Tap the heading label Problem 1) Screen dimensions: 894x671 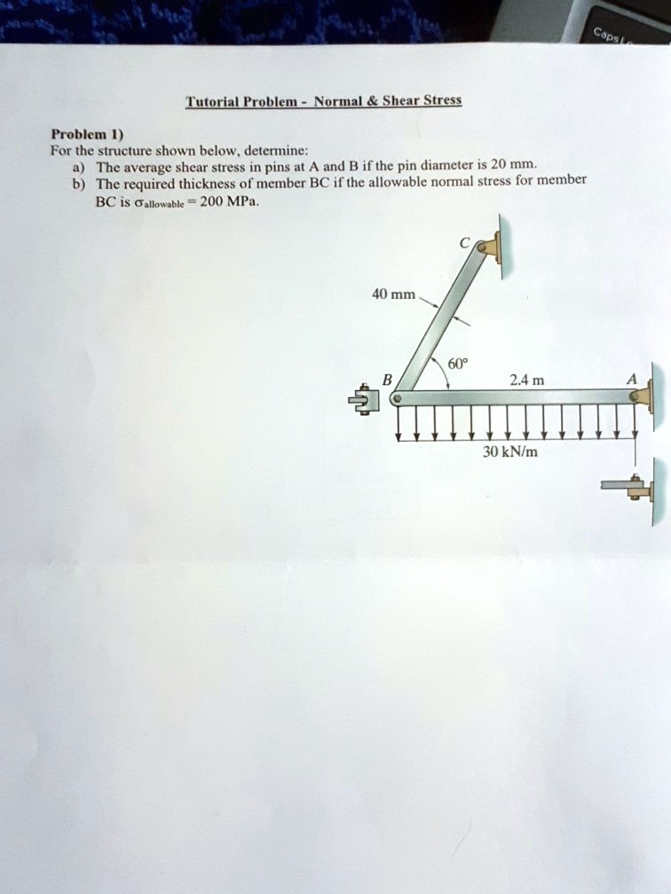coord(80,135)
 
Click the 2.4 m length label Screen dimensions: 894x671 coord(521,380)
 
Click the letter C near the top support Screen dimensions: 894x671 coord(463,242)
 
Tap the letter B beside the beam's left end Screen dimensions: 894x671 coord(385,380)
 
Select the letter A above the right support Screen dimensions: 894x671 coord(631,380)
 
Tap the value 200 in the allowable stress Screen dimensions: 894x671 coord(216,201)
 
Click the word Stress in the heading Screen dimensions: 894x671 coord(441,100)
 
